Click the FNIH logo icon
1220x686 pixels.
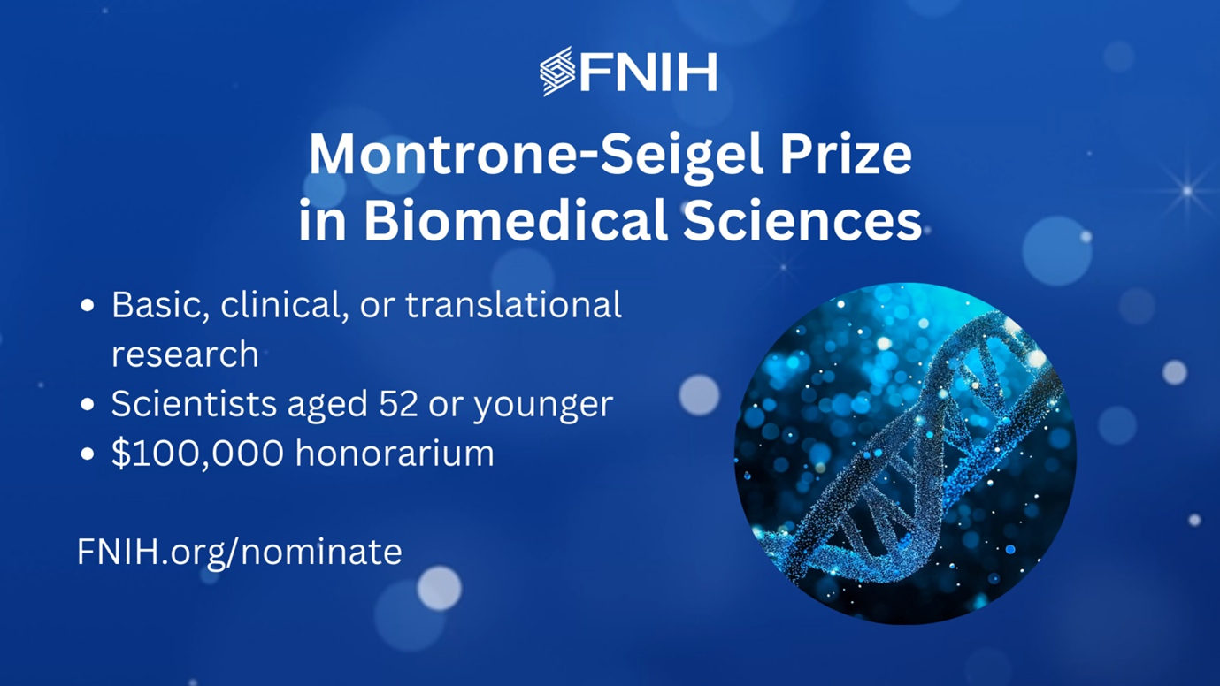tap(557, 71)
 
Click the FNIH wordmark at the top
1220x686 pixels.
tap(648, 72)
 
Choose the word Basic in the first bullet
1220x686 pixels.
tap(160, 305)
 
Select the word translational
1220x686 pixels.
tap(513, 305)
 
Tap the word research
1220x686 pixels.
tap(185, 354)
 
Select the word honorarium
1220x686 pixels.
tap(395, 454)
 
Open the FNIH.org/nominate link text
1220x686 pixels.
tap(239, 552)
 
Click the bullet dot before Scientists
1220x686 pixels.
tap(87, 406)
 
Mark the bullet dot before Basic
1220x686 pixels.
tap(87, 307)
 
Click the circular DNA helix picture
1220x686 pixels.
tap(905, 454)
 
